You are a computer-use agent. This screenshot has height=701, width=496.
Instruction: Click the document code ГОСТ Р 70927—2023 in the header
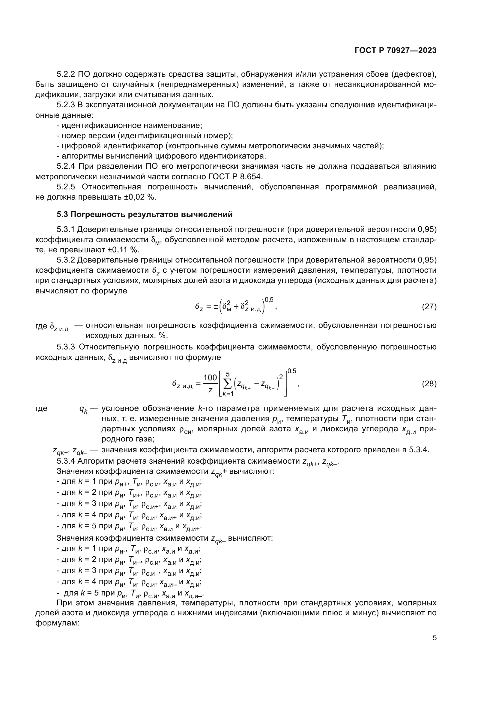[396, 51]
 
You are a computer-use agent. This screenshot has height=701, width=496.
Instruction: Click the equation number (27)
[429, 307]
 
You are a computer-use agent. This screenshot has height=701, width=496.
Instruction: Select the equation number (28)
[429, 384]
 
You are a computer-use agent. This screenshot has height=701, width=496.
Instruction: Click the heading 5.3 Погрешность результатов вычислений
[145, 214]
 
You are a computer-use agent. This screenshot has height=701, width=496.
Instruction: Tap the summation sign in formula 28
[228, 384]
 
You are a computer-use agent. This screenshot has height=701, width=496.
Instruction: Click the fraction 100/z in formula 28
[210, 384]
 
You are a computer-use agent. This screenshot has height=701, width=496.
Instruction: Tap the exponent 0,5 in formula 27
[269, 300]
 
